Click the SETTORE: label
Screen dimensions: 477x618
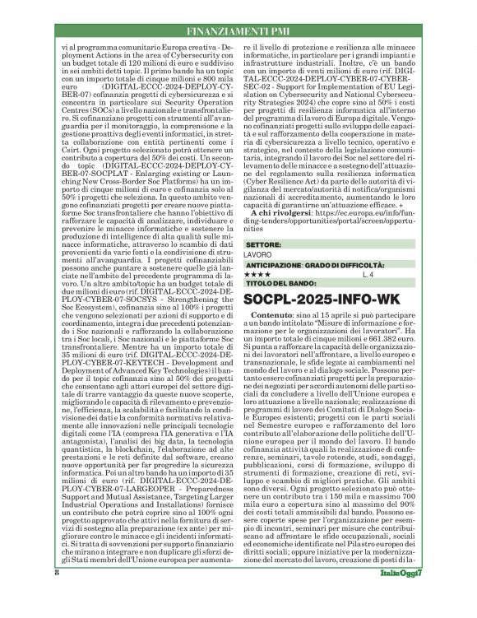point(270,244)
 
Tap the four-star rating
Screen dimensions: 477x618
point(261,274)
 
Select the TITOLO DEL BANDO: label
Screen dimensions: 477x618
point(284,284)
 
